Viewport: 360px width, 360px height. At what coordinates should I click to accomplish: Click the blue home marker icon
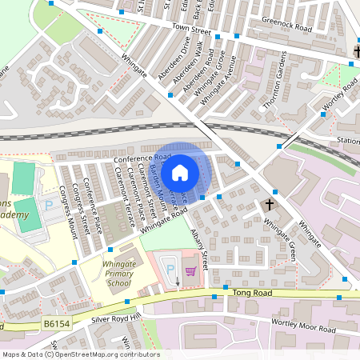pyautogui.click(x=180, y=172)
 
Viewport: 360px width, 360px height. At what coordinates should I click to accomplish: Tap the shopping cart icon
pyautogui.click(x=190, y=271)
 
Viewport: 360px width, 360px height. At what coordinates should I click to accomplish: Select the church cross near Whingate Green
pyautogui.click(x=270, y=206)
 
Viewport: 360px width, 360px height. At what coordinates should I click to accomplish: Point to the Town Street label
pyautogui.click(x=190, y=30)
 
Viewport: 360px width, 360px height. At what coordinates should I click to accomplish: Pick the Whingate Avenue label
pyautogui.click(x=221, y=82)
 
